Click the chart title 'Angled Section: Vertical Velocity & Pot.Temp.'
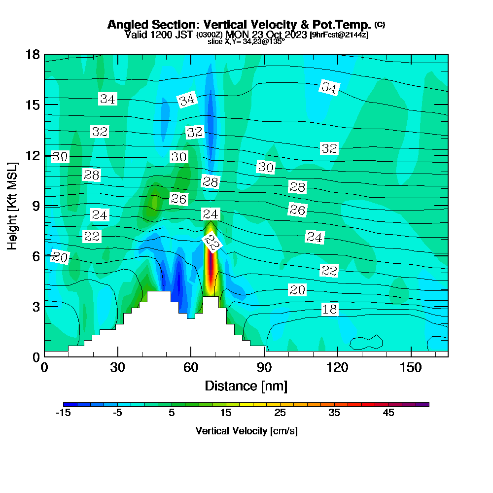tap(239, 25)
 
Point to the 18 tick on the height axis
tap(33, 55)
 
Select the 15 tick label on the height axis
tap(33, 105)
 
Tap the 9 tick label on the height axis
tap(36, 206)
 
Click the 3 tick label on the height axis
tap(36, 307)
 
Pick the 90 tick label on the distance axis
tap(264, 367)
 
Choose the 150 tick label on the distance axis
tap(411, 367)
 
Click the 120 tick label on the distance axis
tap(337, 367)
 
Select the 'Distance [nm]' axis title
tap(246, 386)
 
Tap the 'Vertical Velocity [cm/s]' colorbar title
tap(246, 431)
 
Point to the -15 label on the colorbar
tap(63, 413)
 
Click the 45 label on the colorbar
tap(388, 413)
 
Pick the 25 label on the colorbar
tap(280, 413)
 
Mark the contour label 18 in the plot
tap(330, 310)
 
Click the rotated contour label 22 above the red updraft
tap(212, 243)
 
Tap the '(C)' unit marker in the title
tap(380, 25)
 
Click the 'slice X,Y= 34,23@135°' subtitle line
tap(246, 41)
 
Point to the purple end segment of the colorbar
tap(423, 404)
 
